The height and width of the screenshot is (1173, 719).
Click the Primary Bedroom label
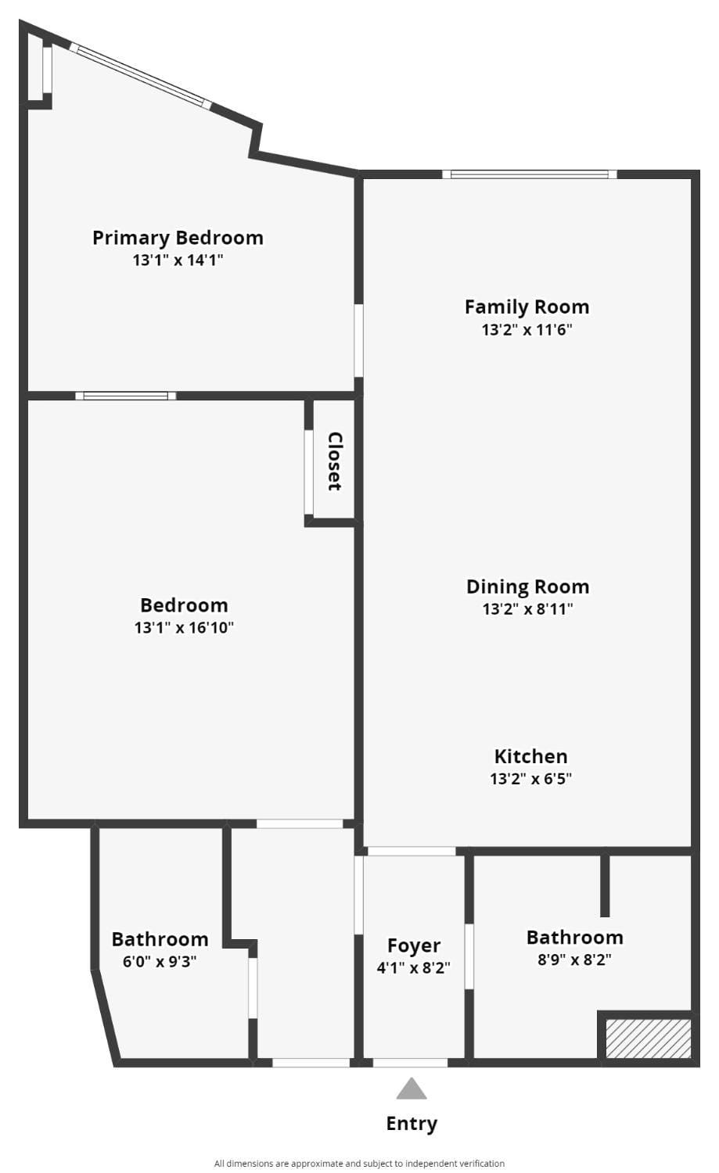click(178, 238)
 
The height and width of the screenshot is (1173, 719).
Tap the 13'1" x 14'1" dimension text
click(178, 260)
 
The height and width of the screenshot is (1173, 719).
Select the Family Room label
click(527, 307)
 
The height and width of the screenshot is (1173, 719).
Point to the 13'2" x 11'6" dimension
click(527, 329)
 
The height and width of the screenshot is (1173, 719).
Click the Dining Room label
click(527, 586)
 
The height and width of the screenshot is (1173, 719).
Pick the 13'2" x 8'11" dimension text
click(527, 608)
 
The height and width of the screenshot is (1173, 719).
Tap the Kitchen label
click(530, 756)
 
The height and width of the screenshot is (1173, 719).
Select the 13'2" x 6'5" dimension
click(530, 778)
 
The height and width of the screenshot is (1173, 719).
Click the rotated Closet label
click(335, 461)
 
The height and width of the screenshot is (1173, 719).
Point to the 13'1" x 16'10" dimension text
click(184, 627)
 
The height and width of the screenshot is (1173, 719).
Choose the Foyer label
click(414, 946)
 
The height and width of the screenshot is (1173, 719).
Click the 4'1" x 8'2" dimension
click(413, 968)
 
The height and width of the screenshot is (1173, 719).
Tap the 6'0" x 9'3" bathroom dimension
click(160, 961)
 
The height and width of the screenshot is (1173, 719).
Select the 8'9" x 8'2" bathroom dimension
click(574, 960)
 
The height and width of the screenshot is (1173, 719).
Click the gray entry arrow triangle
click(412, 1089)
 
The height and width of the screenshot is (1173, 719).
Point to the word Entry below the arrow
click(412, 1124)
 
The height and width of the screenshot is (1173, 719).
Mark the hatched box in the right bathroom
click(649, 1038)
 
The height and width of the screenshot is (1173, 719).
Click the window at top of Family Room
click(530, 174)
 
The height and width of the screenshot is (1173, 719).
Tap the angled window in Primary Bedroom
click(141, 76)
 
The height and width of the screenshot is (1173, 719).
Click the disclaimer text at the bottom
click(359, 1164)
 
